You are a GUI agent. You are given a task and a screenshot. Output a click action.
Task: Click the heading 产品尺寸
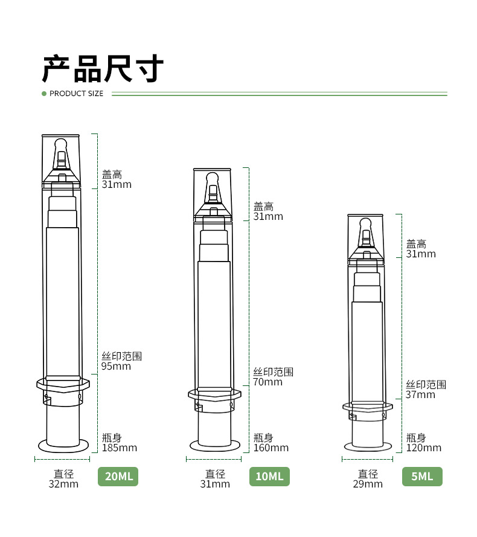pos(103,68)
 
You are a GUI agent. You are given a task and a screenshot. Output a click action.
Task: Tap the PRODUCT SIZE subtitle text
pos(76,94)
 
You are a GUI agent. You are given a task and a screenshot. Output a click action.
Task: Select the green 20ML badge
pos(118,476)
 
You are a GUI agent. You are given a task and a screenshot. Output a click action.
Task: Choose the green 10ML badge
pos(269,476)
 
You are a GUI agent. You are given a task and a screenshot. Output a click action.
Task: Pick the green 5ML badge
pos(422,476)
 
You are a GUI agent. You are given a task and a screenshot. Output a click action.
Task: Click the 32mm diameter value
pos(63,484)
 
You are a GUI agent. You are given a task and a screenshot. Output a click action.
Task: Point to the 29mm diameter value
pos(368,484)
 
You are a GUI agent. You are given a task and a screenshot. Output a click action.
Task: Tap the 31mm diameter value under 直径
pos(215,484)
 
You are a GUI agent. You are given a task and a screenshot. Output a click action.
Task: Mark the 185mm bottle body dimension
pos(119,448)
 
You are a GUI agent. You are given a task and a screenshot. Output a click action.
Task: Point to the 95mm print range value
pos(116,366)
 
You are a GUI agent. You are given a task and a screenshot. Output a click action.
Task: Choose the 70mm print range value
pos(267,382)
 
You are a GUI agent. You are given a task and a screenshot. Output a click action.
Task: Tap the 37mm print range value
pos(420,394)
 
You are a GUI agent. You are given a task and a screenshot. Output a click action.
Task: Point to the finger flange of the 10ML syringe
pos(214,394)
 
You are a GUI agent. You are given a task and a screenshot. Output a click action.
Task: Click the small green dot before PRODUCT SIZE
pos(44,94)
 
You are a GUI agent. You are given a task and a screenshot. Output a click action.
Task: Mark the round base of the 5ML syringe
pos(367,446)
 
